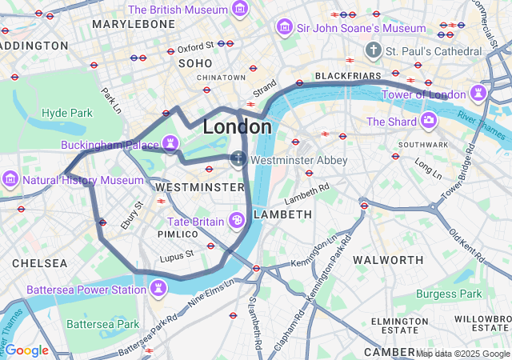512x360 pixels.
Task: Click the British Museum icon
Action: coord(239,10)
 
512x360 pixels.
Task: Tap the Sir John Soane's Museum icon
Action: coord(284,28)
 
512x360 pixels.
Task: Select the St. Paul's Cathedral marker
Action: coord(372,51)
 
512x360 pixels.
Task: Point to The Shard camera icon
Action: coord(430,121)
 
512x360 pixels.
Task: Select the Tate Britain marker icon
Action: coord(237,220)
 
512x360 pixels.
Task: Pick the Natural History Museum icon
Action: coord(10,179)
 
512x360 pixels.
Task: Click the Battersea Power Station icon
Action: coord(159,288)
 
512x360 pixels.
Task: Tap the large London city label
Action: coord(237,126)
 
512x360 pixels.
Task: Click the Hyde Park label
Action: coord(67,113)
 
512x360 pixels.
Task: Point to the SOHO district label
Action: coord(195,62)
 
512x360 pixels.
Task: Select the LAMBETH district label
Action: coord(282,214)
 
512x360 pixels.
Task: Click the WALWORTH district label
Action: coord(388,260)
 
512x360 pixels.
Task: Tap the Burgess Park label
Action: coord(449,294)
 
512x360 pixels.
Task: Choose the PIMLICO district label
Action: coord(177,234)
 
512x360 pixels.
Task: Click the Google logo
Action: coord(26,350)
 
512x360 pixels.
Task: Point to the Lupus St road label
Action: coord(177,255)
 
